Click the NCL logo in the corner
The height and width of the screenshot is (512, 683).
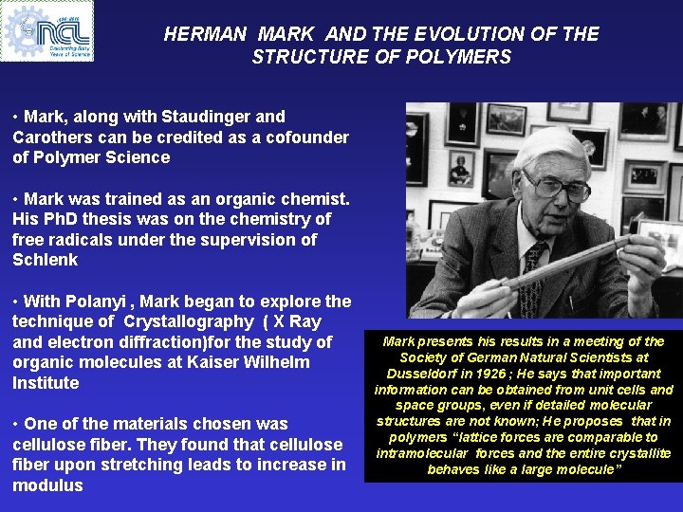pos(47,30)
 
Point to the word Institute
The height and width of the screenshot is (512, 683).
pos(46,383)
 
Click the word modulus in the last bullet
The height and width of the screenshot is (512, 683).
pos(47,485)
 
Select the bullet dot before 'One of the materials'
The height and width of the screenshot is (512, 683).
pos(16,424)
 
